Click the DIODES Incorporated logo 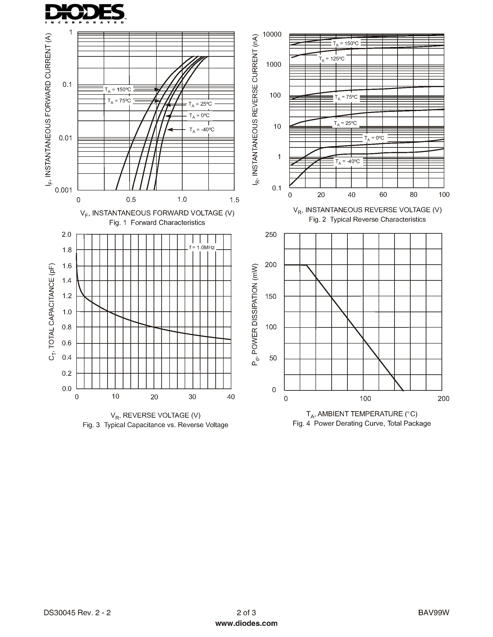coord(85,13)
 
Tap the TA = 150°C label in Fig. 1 coord(118,90)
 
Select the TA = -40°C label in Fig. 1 coord(202,129)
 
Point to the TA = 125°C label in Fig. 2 coord(332,59)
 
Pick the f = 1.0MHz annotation coord(202,248)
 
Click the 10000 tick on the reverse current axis coord(272,35)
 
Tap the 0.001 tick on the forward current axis coord(63,190)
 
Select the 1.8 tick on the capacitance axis coord(67,250)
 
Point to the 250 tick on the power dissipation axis coord(271,235)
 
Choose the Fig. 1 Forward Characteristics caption coord(157,223)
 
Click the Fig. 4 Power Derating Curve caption coord(362,423)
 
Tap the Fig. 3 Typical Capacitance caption coord(155,425)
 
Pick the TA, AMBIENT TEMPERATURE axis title coord(362,414)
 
